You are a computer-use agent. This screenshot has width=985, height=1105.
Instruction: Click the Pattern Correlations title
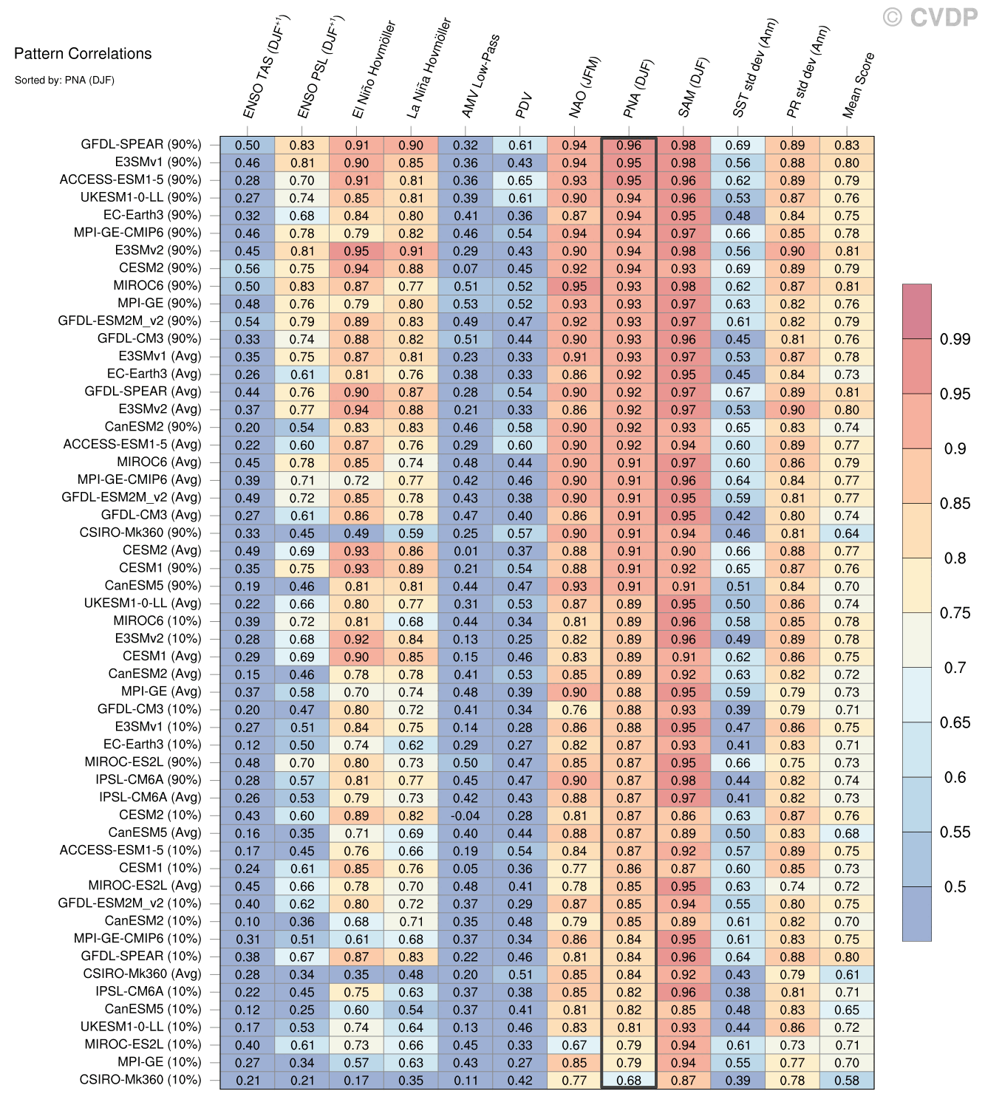83,53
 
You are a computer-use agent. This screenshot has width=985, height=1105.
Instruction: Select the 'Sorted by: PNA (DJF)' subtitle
64,80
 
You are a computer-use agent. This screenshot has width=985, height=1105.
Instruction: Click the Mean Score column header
858,85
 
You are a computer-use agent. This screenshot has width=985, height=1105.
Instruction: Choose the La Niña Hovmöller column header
428,68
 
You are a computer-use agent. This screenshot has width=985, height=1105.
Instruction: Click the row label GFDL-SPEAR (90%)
140,145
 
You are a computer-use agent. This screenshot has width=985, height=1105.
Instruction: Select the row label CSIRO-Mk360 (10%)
140,1080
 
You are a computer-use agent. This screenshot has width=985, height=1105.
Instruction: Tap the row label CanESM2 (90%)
152,427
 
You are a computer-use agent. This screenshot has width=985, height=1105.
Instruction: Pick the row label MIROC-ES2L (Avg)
144,886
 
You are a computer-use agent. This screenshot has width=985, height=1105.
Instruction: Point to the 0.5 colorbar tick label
955,886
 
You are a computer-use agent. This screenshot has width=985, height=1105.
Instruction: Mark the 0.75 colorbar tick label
955,613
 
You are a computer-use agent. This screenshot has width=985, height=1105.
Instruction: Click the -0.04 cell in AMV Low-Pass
466,815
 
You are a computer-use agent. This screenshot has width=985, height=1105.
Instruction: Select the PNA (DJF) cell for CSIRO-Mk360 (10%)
629,1080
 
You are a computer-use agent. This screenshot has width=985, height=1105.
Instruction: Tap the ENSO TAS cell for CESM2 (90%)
248,269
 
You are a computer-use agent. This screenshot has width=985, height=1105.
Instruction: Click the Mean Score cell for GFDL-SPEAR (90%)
847,146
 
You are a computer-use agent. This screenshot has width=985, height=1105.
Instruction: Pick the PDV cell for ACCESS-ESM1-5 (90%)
520,180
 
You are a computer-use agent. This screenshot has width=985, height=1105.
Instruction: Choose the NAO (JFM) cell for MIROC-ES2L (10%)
574,1045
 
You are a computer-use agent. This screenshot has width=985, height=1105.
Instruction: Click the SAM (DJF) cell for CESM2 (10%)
684,815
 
